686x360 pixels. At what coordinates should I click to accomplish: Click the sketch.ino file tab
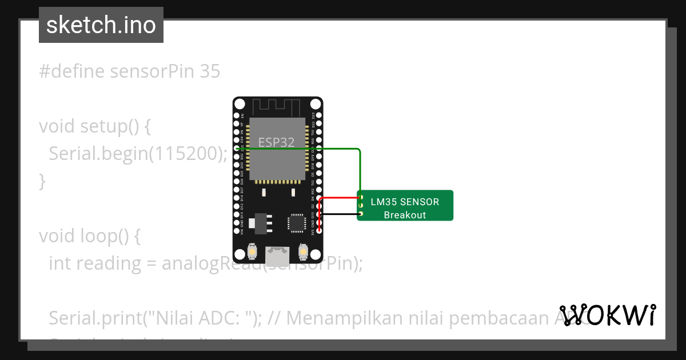click(101, 25)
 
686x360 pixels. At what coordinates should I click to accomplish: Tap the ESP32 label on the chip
click(277, 142)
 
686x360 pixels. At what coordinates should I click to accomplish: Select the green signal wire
click(360, 171)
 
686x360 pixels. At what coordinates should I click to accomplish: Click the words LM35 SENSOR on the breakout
click(405, 202)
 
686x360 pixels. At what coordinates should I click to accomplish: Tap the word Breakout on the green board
click(405, 215)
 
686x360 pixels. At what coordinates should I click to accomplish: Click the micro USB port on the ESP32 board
click(277, 253)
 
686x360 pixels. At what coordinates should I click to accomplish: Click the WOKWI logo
click(607, 315)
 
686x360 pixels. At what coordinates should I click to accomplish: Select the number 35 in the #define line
click(210, 71)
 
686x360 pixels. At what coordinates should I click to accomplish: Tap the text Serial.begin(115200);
click(138, 153)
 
